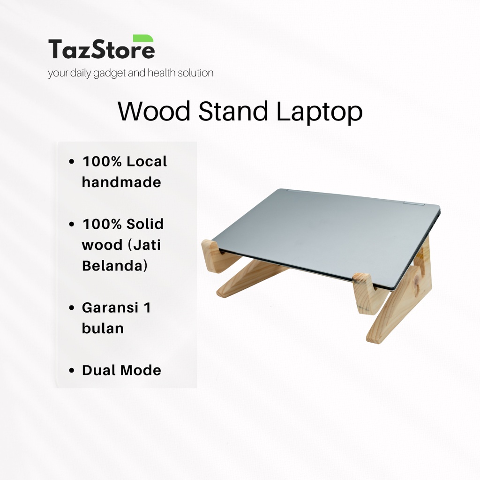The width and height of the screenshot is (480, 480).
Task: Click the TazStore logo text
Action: (x=101, y=49)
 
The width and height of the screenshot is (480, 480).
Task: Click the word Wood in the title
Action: (x=154, y=112)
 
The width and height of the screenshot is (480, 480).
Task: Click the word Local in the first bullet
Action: (x=147, y=161)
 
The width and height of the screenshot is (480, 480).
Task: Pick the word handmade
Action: (x=121, y=182)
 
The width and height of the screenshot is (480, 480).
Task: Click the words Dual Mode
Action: (x=121, y=370)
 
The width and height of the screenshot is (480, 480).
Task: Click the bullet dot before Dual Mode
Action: (x=72, y=371)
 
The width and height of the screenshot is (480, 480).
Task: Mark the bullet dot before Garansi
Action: (x=72, y=308)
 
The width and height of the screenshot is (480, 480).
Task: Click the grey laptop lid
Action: (x=323, y=232)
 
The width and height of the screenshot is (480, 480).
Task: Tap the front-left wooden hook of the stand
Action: (x=213, y=255)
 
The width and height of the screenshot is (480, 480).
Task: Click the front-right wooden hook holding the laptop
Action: (x=368, y=293)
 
